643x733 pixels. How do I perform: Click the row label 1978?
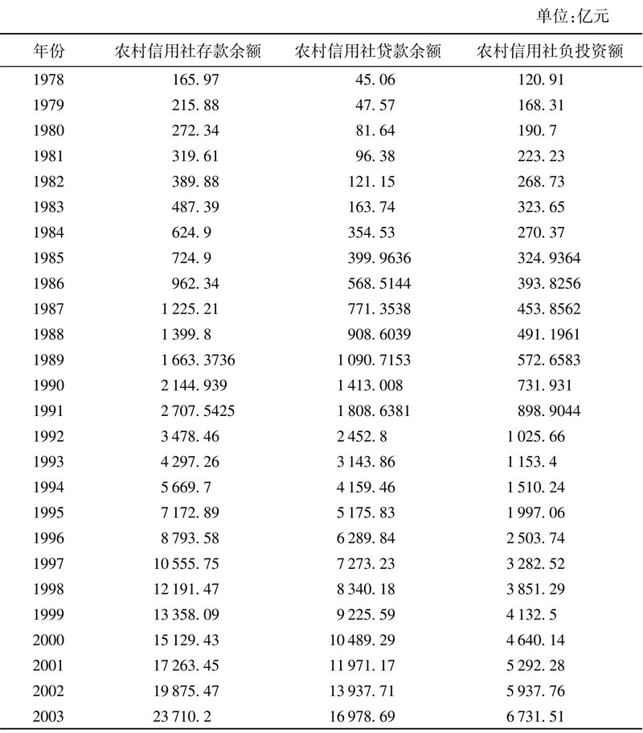[49, 80]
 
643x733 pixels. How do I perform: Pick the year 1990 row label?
[49, 386]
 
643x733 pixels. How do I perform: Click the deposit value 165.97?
[195, 80]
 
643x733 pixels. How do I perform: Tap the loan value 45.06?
[375, 80]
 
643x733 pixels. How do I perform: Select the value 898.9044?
[549, 411]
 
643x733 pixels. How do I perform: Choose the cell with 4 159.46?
[362, 488]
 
